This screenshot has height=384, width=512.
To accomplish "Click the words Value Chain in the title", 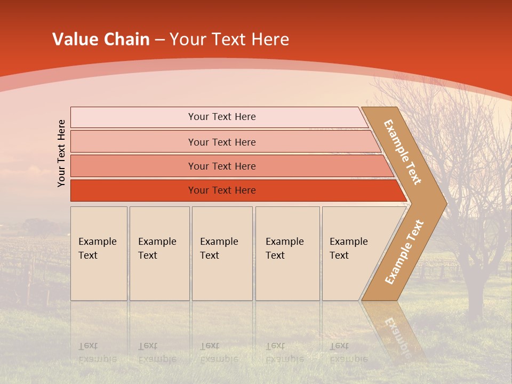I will pos(101,39).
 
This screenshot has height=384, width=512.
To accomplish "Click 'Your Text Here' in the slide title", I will pos(229,39).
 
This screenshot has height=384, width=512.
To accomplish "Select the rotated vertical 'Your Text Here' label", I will pos(61,153).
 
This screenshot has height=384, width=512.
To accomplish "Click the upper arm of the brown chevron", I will pos(403,152).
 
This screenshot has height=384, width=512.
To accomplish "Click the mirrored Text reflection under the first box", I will pos(88,346).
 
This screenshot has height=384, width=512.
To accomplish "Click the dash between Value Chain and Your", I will pos(159,40).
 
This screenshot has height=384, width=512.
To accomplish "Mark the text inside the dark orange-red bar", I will pos(222,190).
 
